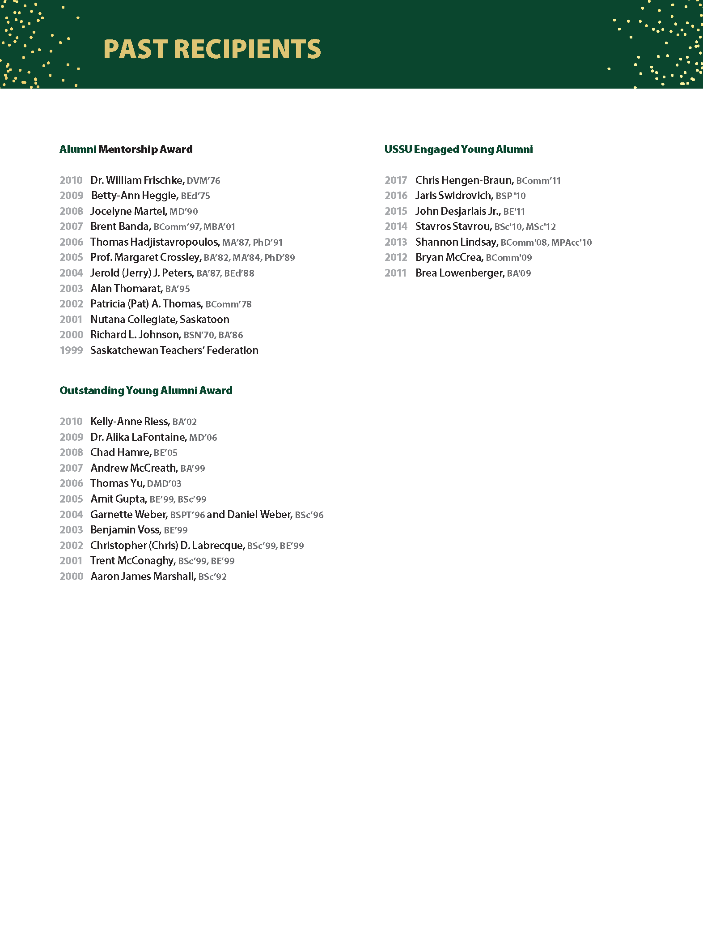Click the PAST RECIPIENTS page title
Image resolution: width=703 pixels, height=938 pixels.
point(212,49)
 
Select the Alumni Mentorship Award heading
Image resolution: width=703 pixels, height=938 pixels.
point(126,149)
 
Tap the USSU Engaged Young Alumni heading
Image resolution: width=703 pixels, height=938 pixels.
point(458,149)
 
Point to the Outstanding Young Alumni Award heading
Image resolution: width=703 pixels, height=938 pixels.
point(146,390)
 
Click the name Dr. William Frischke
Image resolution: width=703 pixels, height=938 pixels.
point(137,180)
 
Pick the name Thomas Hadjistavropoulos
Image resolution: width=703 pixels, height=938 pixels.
point(154,242)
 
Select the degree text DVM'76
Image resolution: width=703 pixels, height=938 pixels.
point(203,181)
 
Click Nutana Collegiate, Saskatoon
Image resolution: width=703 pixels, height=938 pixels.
point(160,319)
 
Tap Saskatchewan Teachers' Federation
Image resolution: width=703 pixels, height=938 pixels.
point(174,350)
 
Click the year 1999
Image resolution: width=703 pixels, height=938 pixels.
point(71,350)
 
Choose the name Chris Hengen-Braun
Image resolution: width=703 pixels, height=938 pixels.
point(464,180)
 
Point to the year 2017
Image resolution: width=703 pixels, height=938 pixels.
point(396,180)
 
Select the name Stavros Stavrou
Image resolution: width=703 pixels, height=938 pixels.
point(453,226)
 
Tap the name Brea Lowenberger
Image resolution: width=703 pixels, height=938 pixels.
point(459,273)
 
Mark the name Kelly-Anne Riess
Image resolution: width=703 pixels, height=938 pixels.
point(130,421)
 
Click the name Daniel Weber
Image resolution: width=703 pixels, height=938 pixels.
point(259,514)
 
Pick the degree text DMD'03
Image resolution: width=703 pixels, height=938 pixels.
point(164,484)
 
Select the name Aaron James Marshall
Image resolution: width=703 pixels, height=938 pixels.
point(143,576)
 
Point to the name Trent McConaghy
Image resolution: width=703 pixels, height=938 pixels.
point(132,560)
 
